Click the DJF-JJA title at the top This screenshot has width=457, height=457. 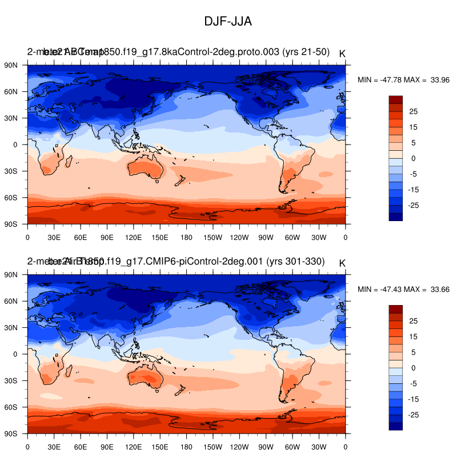(x=228, y=22)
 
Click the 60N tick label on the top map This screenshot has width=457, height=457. (x=12, y=91)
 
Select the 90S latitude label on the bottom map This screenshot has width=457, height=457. (x=12, y=434)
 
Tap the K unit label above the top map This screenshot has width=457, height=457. (x=342, y=54)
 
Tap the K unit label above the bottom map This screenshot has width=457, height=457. (x=342, y=263)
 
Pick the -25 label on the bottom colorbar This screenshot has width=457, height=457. (x=414, y=414)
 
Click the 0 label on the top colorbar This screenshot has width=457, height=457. (x=413, y=158)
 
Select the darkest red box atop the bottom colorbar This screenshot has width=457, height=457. (x=396, y=309)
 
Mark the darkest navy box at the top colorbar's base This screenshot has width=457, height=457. (x=396, y=216)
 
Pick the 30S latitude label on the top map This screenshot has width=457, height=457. (x=12, y=171)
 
